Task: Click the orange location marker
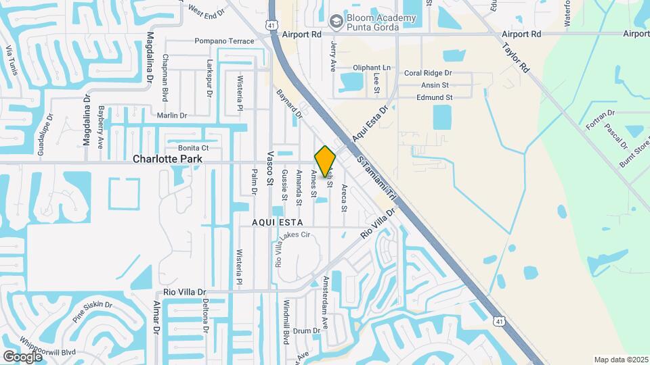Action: tap(325, 161)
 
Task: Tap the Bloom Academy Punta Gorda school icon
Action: tap(335, 22)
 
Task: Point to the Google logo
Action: tap(22, 356)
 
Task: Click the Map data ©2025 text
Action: tap(621, 360)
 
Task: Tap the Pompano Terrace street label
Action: tap(225, 41)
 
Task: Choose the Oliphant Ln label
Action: tap(372, 68)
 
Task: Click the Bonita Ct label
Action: tap(193, 147)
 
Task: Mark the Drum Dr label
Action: tap(306, 331)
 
